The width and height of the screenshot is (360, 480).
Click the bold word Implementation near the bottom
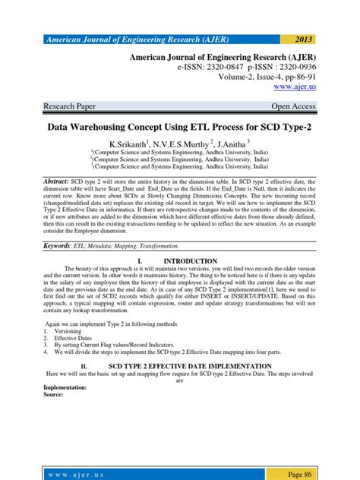click(65, 387)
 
